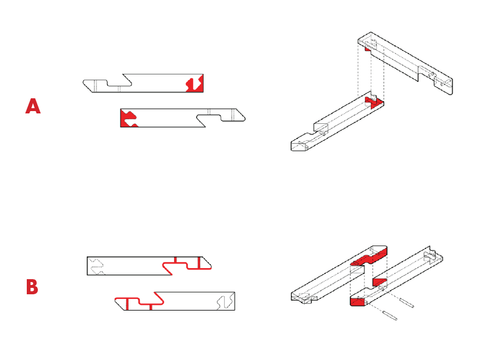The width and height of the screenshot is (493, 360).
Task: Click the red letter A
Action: [x=33, y=106]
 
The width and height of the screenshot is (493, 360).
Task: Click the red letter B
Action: [x=32, y=287]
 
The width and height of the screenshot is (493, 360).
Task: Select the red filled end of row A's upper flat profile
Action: [x=196, y=83]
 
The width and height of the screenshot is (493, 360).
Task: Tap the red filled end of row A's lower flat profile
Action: [x=128, y=118]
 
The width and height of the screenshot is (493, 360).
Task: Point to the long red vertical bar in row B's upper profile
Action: [x=199, y=263]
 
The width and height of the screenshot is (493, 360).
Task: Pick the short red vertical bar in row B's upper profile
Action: [x=175, y=259]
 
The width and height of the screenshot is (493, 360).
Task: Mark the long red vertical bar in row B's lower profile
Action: [x=127, y=304]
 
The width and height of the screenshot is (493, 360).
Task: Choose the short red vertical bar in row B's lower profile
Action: [x=151, y=307]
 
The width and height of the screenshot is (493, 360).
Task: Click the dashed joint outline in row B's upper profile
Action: [x=97, y=266]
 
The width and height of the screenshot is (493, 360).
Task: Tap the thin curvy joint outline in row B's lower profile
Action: [x=225, y=301]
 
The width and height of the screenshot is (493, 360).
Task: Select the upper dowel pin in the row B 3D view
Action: [x=406, y=303]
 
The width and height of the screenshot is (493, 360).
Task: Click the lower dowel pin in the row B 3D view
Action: [x=389, y=316]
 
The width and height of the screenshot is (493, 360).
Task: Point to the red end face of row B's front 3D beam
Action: [x=357, y=302]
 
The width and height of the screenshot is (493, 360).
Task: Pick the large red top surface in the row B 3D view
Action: [x=369, y=256]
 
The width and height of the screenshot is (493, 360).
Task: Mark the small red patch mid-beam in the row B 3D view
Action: [x=379, y=282]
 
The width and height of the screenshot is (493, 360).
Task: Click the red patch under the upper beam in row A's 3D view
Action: [x=367, y=49]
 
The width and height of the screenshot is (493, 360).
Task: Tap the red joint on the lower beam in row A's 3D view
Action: [x=374, y=103]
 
